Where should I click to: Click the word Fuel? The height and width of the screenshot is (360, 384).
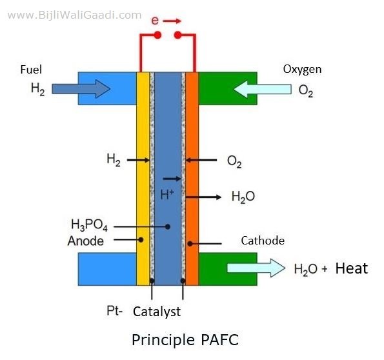tap(31, 70)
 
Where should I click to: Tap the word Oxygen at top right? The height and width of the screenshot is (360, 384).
tap(302, 69)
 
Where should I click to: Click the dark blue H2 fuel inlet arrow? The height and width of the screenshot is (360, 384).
tap(81, 88)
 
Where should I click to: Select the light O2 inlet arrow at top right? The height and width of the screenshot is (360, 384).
tap(263, 89)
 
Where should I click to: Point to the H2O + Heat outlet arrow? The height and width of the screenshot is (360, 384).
tap(256, 268)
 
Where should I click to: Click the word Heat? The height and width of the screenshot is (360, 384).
tap(352, 268)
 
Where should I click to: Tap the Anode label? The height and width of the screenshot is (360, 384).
tap(86, 241)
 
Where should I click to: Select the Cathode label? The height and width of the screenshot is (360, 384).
tap(263, 241)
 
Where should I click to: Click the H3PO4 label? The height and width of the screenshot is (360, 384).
tap(89, 225)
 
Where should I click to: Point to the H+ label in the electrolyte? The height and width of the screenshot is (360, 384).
tap(167, 194)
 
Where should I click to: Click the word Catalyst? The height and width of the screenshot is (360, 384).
tap(157, 312)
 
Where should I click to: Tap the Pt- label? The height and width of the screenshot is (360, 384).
tap(114, 311)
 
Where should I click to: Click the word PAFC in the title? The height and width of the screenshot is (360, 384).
tap(219, 339)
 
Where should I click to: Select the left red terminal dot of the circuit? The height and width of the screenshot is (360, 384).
tap(157, 35)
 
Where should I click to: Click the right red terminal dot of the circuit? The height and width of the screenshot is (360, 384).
tap(177, 35)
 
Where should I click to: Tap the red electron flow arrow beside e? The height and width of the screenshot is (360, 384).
tap(172, 21)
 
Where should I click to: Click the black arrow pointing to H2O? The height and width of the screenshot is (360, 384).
tap(203, 197)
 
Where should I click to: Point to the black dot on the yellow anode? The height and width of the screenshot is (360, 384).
tap(141, 240)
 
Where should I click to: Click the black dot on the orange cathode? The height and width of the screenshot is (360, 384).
tap(190, 244)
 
